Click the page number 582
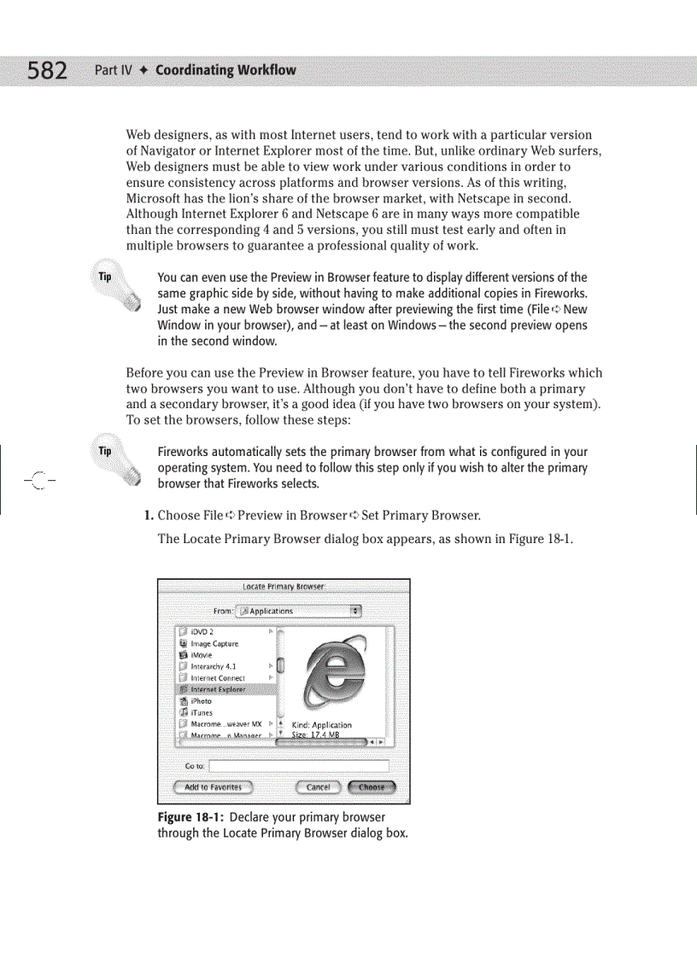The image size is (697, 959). tap(47, 69)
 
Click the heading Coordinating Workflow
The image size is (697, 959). tap(225, 69)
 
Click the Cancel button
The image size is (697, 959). tap(318, 787)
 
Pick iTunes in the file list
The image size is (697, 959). tap(202, 712)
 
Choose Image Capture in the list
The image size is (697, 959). tap(214, 644)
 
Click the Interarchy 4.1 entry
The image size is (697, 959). tap(213, 666)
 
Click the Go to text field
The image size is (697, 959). tap(298, 766)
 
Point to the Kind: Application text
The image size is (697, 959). tap(321, 725)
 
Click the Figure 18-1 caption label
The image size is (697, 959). tap(191, 817)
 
